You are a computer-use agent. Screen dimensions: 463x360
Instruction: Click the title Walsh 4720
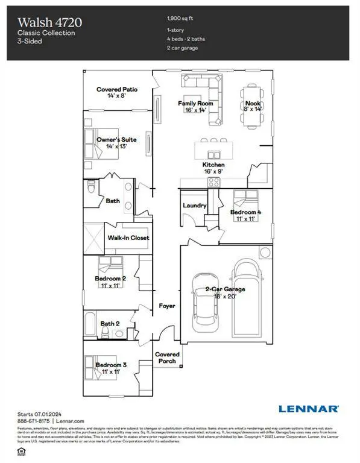point(49,22)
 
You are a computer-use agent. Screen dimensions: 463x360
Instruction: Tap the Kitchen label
point(213,165)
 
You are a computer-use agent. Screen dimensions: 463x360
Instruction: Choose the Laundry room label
point(195,206)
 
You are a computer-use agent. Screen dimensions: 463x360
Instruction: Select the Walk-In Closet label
point(128,238)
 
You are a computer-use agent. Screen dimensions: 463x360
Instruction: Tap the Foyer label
point(166,306)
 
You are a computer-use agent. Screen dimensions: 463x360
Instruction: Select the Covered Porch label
point(167,357)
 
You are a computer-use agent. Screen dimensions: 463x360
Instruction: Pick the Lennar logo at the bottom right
point(308,408)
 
